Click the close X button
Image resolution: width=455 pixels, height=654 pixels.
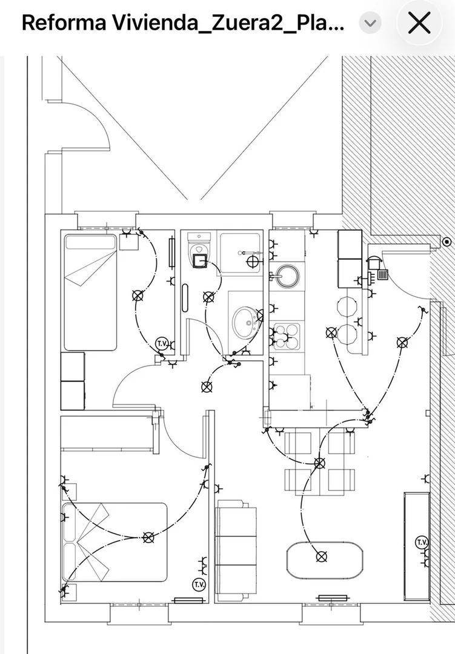[x=419, y=22]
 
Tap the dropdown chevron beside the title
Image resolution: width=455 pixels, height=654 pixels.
[x=370, y=23]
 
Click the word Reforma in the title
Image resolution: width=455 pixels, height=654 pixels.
[x=64, y=23]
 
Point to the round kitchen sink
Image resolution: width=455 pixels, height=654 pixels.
[x=288, y=276]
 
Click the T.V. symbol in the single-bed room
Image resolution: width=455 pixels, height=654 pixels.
[x=162, y=344]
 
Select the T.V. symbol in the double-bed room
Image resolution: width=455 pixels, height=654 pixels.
[x=199, y=584]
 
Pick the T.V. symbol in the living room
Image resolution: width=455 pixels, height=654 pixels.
[x=422, y=542]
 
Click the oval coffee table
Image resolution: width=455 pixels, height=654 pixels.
[x=324, y=561]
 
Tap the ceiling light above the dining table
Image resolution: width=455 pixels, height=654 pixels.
[x=320, y=463]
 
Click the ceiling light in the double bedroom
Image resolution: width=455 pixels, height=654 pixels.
[x=148, y=538]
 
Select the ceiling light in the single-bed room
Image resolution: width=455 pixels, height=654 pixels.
[x=138, y=296]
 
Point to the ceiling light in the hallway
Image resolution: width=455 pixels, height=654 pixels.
[x=207, y=387]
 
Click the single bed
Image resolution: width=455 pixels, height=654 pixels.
[x=91, y=292]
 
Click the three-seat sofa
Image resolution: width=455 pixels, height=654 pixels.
[x=236, y=551]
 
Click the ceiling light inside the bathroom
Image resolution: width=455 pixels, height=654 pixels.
[x=208, y=297]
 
